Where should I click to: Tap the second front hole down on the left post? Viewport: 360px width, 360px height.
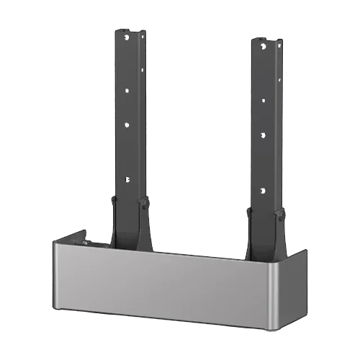click(x=127, y=90)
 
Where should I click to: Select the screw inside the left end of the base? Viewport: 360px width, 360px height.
click(x=84, y=243)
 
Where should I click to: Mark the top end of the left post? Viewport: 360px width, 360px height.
click(x=131, y=31)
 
